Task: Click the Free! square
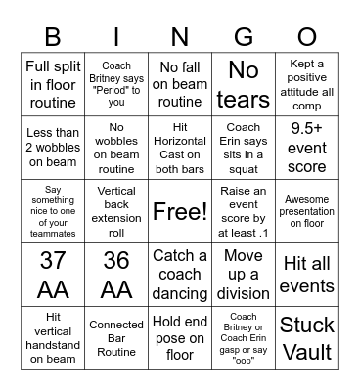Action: (180, 212)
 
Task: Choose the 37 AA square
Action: (53, 275)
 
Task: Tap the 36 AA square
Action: (116, 275)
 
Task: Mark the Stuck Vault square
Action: (307, 338)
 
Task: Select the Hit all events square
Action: (307, 275)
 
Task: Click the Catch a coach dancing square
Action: (180, 275)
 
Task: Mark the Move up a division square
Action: (244, 275)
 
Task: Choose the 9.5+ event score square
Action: (307, 148)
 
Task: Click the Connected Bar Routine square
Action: (116, 338)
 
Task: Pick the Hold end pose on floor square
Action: (180, 338)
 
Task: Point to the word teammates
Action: (53, 234)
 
